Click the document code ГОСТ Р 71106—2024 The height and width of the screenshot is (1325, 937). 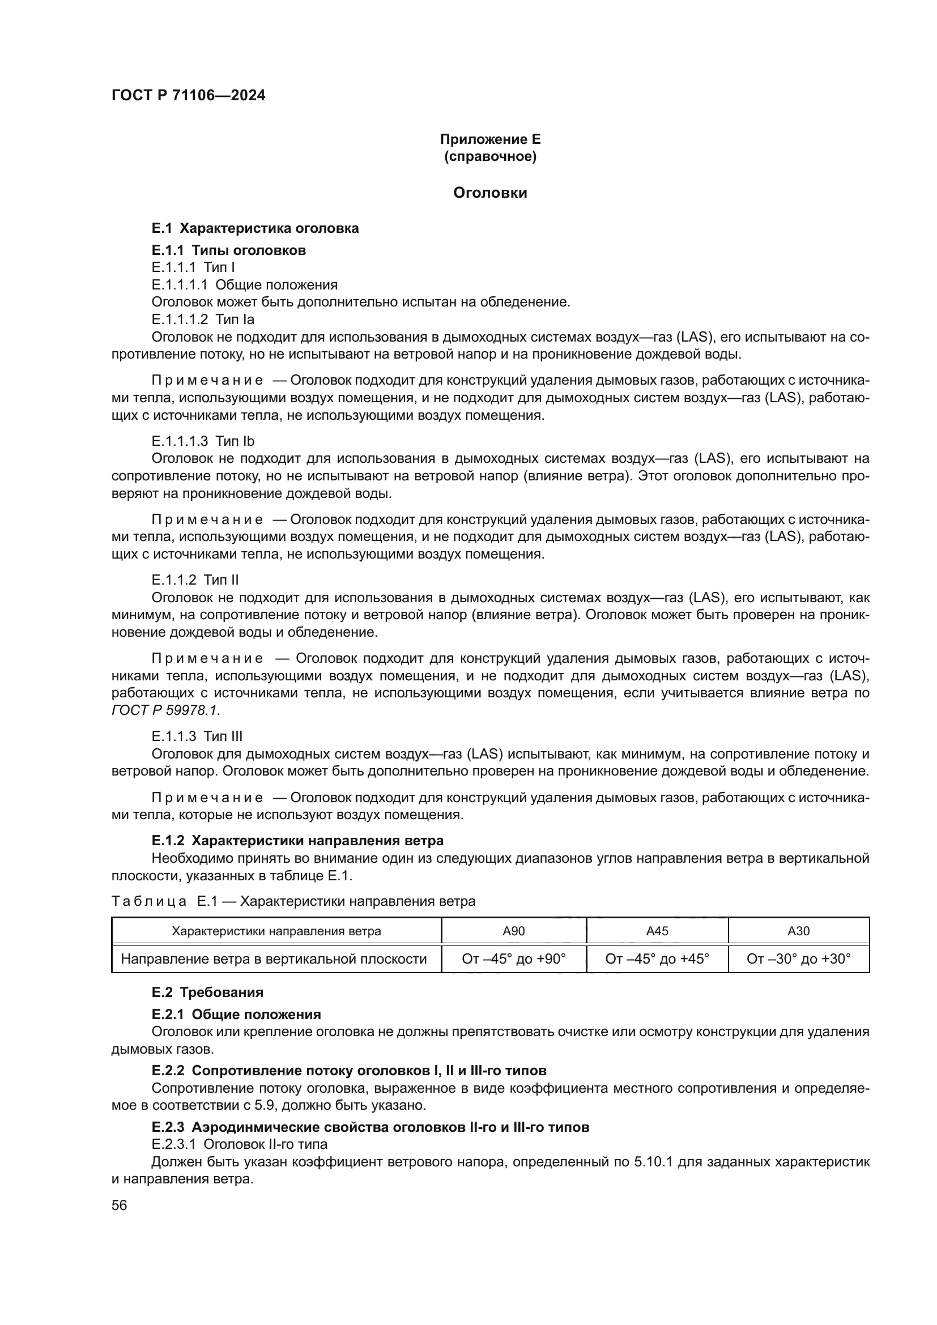pos(188,96)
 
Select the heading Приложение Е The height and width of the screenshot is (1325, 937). pos(490,139)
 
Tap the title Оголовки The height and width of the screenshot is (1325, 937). pos(490,193)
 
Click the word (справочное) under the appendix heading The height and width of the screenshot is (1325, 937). pos(490,156)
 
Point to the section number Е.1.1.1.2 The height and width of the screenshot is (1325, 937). pos(180,319)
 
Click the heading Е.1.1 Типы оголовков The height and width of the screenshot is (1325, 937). pos(228,250)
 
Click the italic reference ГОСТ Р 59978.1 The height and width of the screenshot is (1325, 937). pos(165,710)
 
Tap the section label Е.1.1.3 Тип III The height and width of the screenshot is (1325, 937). pos(197,736)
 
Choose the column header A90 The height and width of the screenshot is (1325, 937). pos(513,931)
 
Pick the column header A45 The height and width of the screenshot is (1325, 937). pos(657,931)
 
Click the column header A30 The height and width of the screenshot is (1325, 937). pos(799,931)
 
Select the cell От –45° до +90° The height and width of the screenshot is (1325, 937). pos(513,959)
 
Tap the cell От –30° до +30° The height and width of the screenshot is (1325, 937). pos(799,959)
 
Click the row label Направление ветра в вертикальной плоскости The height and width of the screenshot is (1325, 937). pos(274,959)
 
